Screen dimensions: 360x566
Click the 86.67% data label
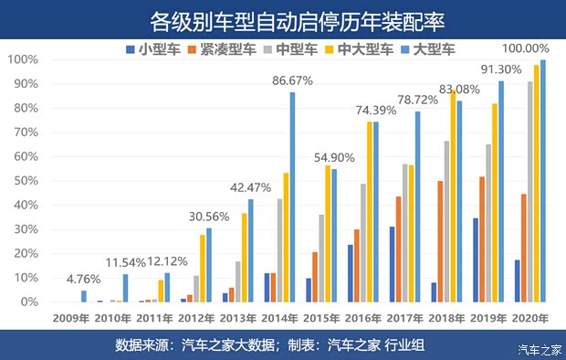pyautogui.click(x=292, y=80)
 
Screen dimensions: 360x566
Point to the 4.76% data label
pyautogui.click(x=84, y=279)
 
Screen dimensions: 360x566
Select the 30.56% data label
pyautogui.click(x=209, y=217)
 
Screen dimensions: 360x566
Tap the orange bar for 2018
pyautogui.click(x=466, y=241)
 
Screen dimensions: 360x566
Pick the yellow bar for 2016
pyautogui.click(x=370, y=211)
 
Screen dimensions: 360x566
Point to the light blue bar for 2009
pyautogui.click(x=84, y=296)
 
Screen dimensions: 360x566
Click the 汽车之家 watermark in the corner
pyautogui.click(x=539, y=349)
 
